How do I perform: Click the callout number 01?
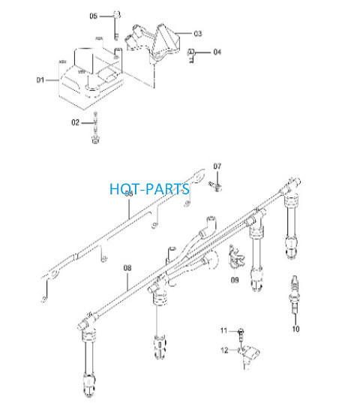pos(40,80)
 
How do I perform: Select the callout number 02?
pos(75,122)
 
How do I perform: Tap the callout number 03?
pos(198,34)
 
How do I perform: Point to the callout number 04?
pos(217,52)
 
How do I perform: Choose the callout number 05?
pos(94,16)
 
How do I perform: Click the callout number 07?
pos(217,167)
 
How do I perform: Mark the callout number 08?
pos(127,268)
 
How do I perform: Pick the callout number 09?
pos(235,280)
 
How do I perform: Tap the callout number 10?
pos(295,329)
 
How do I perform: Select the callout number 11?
pos(223,331)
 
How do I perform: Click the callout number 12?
pos(224,350)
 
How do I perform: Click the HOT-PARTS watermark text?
pos(149,189)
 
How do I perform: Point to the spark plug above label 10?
pos(295,295)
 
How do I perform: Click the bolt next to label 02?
pos(95,128)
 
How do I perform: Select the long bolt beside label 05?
pos(117,25)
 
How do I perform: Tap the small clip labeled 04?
pos(191,55)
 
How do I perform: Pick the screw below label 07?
pos(215,186)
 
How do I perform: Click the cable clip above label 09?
pos(235,257)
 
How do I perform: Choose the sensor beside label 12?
pos(249,356)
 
